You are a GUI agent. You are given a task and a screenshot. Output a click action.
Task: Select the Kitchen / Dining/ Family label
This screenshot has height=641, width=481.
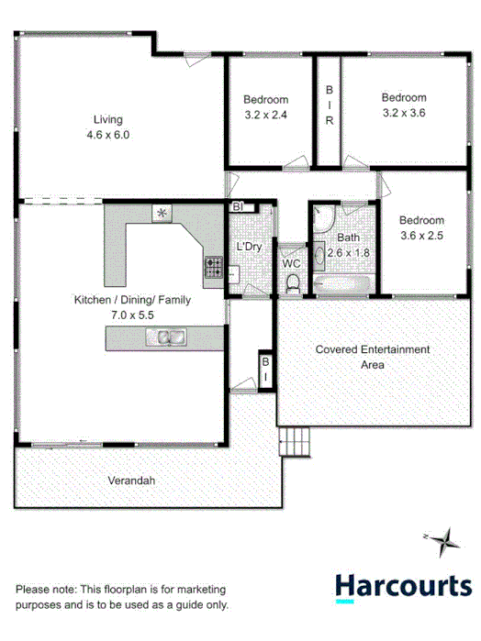point(132,300)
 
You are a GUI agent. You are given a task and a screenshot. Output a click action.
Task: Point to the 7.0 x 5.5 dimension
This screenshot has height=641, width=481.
point(132,315)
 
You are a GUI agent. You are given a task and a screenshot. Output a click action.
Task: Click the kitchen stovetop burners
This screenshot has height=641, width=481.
point(214,268)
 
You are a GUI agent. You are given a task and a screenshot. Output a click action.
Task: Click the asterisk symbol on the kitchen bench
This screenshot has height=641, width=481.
point(162,213)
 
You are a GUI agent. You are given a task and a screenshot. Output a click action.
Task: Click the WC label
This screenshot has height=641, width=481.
point(291,263)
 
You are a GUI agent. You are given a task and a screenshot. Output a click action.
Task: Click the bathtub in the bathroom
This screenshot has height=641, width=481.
point(342,285)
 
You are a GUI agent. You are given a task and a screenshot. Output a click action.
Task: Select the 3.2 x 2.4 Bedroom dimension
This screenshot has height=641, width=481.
point(265,115)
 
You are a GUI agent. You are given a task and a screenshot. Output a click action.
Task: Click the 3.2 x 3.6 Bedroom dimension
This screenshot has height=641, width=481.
point(404,113)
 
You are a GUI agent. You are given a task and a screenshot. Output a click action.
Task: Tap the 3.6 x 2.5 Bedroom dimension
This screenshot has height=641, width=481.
point(421,236)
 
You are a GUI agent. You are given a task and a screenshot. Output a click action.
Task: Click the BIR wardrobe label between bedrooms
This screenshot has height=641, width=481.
point(328,105)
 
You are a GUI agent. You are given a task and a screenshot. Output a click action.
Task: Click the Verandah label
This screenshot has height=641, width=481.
point(131,481)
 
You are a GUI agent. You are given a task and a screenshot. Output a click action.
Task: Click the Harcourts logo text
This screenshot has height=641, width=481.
point(403,584)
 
